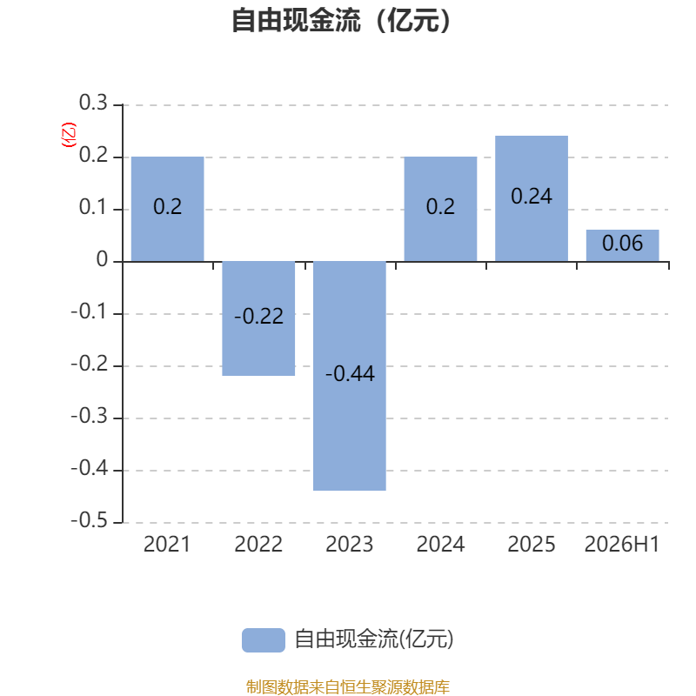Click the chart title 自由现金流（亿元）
(341, 20)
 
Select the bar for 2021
(167, 209)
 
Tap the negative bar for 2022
(258, 318)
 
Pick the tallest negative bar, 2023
(350, 376)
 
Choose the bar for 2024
(440, 209)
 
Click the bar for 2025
(532, 198)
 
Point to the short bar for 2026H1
(622, 245)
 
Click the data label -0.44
(350, 373)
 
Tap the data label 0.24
(532, 197)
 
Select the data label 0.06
(622, 244)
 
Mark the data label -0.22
(258, 316)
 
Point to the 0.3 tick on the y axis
(93, 103)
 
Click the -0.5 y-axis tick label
(90, 520)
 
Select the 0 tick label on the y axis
(102, 259)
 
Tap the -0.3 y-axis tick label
(90, 416)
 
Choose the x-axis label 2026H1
(622, 545)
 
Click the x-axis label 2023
(350, 545)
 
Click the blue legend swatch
(264, 640)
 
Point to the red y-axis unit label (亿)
(69, 135)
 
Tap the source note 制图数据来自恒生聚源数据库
(347, 686)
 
